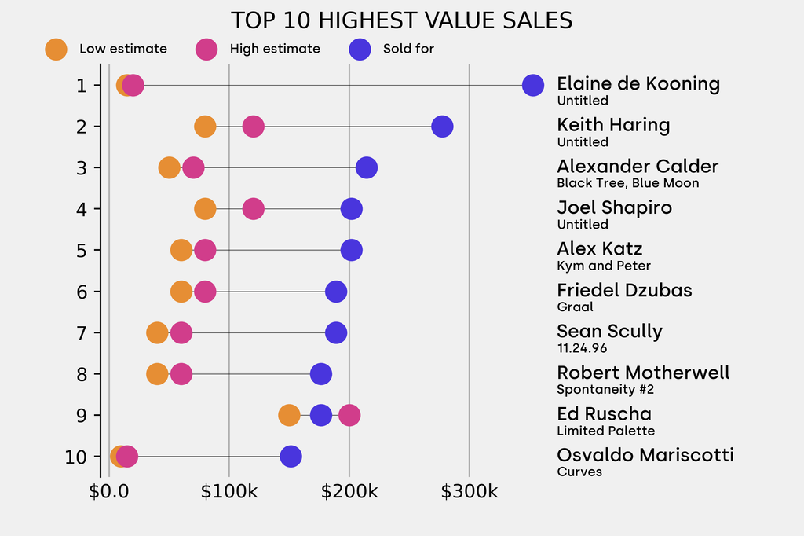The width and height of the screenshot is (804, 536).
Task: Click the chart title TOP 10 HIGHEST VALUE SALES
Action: (401, 20)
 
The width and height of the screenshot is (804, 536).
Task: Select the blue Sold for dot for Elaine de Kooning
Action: (533, 85)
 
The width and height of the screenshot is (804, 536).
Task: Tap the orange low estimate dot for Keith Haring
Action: (205, 127)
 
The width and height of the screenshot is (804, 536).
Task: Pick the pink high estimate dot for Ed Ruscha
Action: (349, 415)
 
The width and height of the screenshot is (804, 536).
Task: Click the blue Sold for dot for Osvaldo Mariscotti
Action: (291, 457)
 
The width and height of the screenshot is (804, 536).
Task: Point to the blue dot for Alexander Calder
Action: (367, 167)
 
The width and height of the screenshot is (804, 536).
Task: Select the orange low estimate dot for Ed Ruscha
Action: (289, 415)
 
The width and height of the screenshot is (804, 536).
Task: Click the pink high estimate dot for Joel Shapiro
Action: (253, 209)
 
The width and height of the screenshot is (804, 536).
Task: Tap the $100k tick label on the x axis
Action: (229, 492)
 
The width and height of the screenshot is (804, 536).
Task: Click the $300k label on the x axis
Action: (470, 492)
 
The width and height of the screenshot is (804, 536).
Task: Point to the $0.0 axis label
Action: (109, 492)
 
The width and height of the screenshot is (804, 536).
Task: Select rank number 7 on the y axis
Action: (82, 332)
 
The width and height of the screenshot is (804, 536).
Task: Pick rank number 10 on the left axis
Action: (76, 457)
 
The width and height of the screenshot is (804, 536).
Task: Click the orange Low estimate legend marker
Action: (56, 49)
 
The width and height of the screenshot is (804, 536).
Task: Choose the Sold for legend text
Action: (408, 49)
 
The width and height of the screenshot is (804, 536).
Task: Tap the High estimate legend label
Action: (275, 49)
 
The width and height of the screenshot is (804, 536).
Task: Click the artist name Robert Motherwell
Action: (643, 373)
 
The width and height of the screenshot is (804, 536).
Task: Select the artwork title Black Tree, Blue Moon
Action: (627, 183)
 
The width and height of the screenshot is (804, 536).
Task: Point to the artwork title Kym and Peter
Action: (604, 266)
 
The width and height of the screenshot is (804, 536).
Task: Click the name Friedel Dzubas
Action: (624, 290)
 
